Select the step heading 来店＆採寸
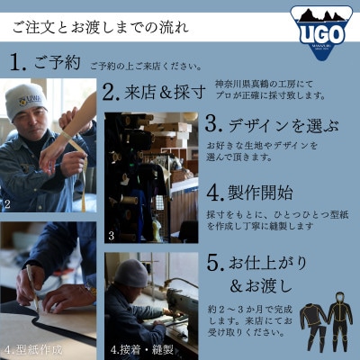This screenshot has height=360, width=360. click(153, 92)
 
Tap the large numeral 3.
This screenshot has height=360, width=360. click(213, 123)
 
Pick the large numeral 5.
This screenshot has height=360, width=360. click(212, 265)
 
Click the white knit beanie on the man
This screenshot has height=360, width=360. click(25, 101)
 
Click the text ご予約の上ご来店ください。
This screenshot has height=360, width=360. click(144, 66)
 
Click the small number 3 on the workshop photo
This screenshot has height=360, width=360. click(110, 236)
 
